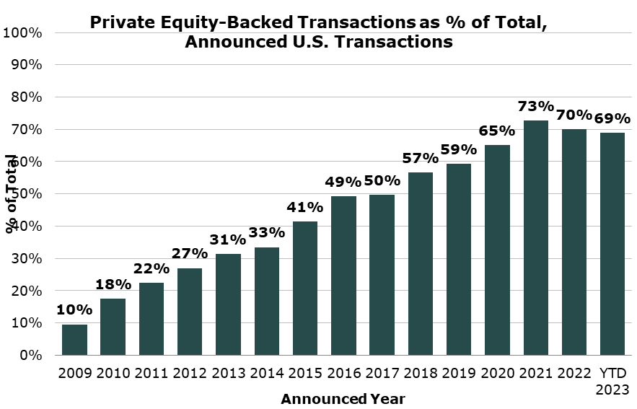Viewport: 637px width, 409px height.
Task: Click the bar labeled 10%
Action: [74, 340]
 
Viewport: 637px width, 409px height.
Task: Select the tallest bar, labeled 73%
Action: [535, 238]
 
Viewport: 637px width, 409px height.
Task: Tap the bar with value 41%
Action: [305, 288]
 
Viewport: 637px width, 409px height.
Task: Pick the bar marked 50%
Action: [382, 275]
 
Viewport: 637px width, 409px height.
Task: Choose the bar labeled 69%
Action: [612, 244]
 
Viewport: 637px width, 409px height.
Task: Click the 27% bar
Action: [190, 312]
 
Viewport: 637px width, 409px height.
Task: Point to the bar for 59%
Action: [459, 259]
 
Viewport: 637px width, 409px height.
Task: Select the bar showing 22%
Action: [151, 319]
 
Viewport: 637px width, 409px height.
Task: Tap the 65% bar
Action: [497, 250]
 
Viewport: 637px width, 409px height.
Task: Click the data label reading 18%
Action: [113, 284]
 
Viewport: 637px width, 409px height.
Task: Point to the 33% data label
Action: [266, 233]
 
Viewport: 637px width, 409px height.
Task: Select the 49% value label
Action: [343, 182]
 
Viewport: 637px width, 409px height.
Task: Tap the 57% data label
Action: [421, 158]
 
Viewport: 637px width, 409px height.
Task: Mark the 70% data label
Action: [574, 115]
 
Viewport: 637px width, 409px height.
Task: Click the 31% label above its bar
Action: [228, 239]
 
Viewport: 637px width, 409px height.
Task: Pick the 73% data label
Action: [535, 106]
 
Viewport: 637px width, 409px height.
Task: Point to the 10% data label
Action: [74, 310]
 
